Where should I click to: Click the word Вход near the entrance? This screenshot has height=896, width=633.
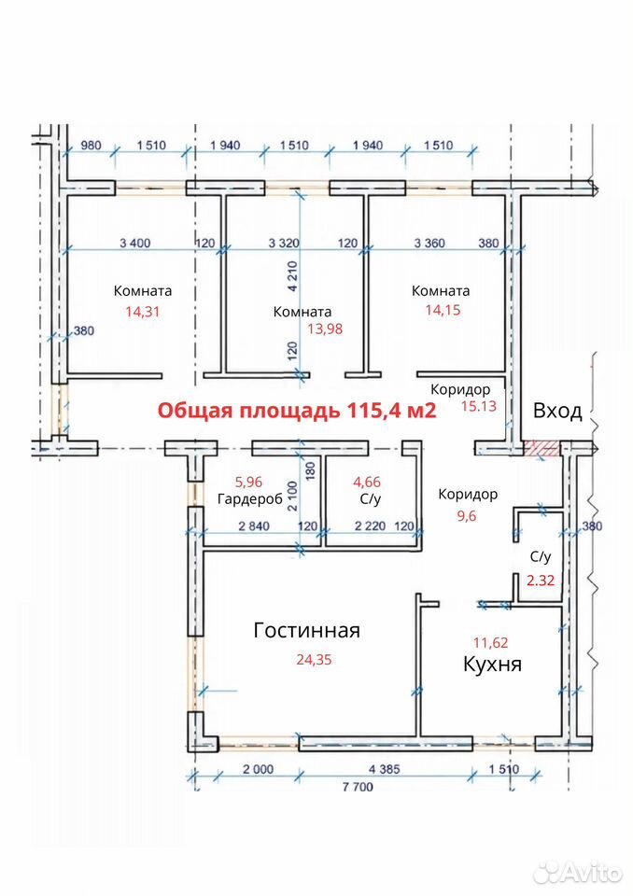tap(557, 411)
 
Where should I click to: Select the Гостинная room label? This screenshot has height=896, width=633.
tap(306, 630)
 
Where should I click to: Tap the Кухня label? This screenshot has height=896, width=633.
tap(492, 664)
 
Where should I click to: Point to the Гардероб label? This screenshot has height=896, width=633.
tap(250, 498)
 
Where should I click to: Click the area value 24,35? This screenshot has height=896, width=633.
tap(314, 660)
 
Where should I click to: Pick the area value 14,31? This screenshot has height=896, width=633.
tap(143, 312)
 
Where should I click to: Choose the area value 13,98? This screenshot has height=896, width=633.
tap(325, 329)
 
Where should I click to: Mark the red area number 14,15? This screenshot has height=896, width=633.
tap(443, 310)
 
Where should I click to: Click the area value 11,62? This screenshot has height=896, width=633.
tap(490, 643)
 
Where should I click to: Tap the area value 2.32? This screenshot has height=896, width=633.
tap(541, 581)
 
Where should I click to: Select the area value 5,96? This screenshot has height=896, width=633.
tap(248, 482)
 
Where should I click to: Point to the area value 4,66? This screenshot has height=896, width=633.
tap(367, 482)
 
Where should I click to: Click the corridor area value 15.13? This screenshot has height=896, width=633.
tap(479, 406)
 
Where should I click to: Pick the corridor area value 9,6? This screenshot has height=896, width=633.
tap(467, 516)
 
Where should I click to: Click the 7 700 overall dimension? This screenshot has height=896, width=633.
tap(358, 787)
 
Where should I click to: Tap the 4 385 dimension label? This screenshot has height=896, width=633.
tap(385, 769)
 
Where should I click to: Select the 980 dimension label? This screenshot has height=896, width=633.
tap(91, 146)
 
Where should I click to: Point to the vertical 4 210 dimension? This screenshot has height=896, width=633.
tap(293, 276)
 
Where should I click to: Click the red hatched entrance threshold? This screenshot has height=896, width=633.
tap(542, 448)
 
